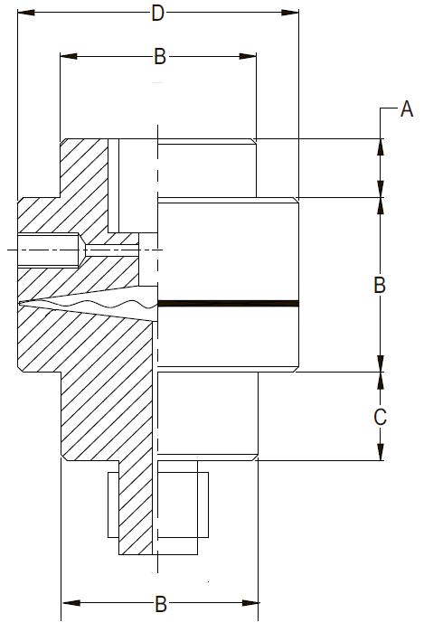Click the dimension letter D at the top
coord(157,14)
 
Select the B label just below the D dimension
coord(160,56)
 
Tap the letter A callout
coord(407,108)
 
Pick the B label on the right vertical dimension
coord(380,285)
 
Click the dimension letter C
coord(380,417)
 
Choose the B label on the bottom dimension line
coord(161,604)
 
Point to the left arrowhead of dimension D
coord(26,13)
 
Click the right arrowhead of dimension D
coord(290,13)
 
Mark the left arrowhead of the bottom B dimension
coord(71,603)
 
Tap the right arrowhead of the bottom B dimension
coord(250,603)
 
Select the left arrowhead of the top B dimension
coord(69,56)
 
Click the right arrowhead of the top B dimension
coord(248,56)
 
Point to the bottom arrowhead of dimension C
coord(380,452)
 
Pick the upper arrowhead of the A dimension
coord(380,147)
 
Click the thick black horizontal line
coord(228,304)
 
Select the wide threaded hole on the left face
coord(48,250)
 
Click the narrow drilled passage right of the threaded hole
coord(111,250)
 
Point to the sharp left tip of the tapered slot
coord(20,303)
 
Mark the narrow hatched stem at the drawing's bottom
coord(136,508)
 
